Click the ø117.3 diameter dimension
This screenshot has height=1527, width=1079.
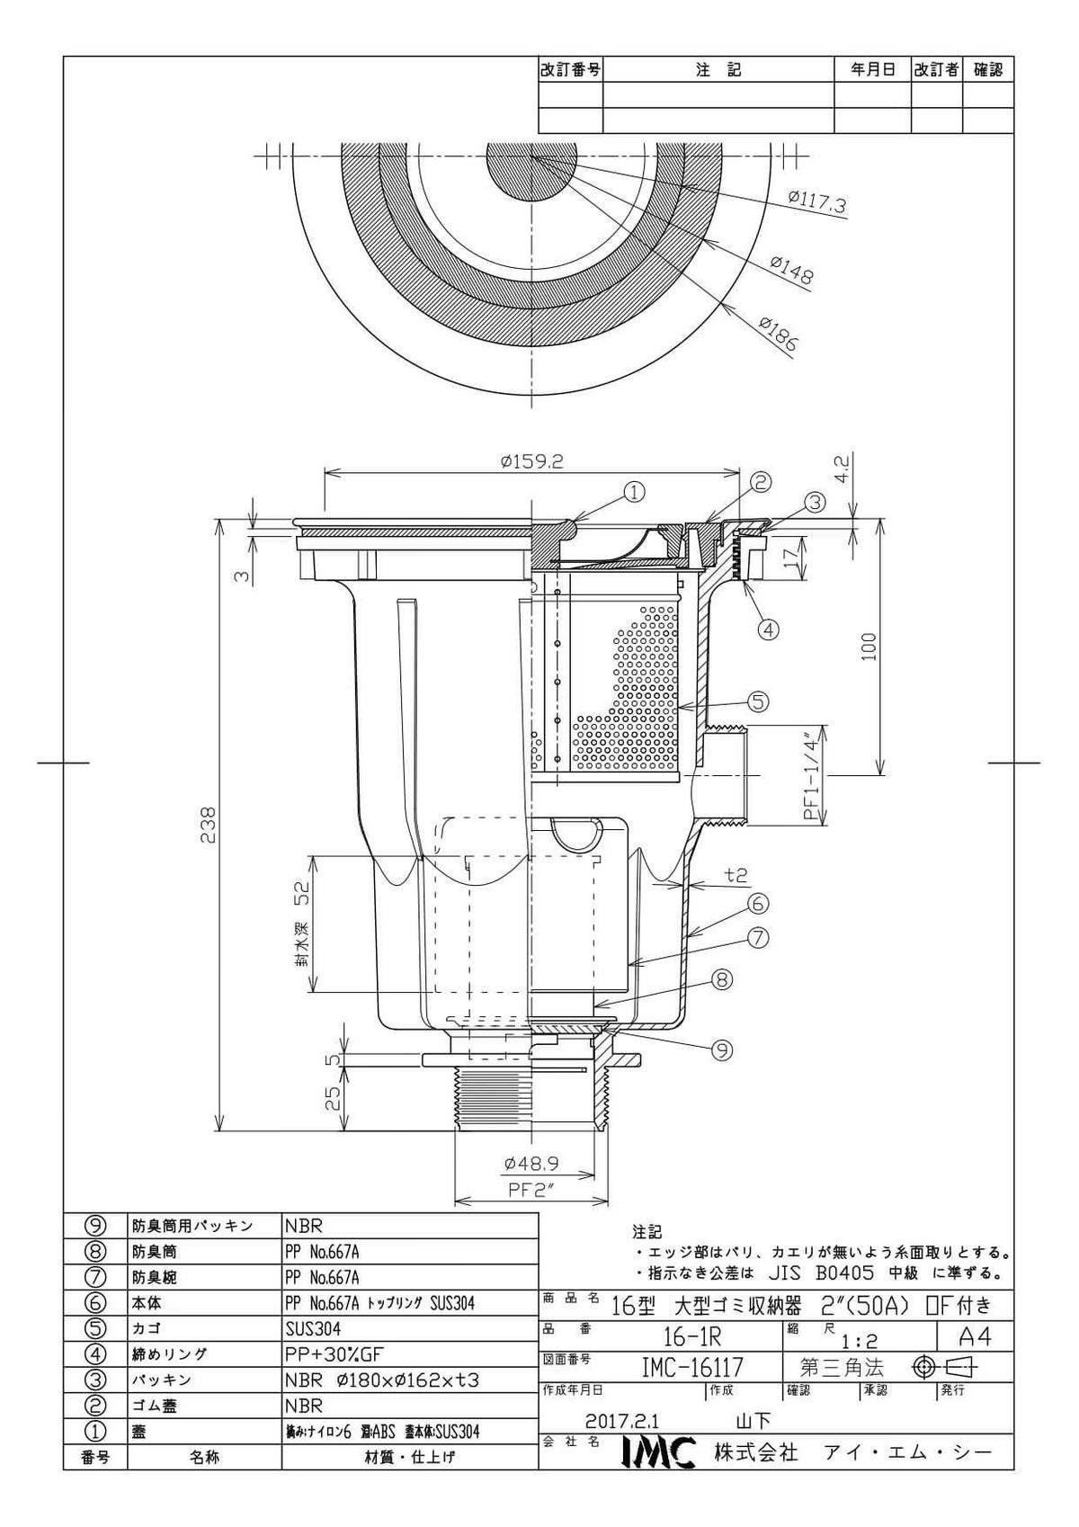tap(816, 202)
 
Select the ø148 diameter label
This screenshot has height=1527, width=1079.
tap(791, 268)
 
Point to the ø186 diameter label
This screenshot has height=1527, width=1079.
tap(780, 332)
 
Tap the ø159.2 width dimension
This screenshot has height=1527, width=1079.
tap(531, 462)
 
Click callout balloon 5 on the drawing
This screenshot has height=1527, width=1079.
tap(758, 701)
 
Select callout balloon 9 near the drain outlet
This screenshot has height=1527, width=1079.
tap(722, 1049)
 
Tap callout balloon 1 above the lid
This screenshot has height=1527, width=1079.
tap(635, 491)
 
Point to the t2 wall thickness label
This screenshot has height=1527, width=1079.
tap(736, 874)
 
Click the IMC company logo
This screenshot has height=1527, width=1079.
tap(659, 1451)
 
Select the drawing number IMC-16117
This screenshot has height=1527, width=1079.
tap(691, 1367)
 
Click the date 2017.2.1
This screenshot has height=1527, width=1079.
tap(622, 1423)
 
